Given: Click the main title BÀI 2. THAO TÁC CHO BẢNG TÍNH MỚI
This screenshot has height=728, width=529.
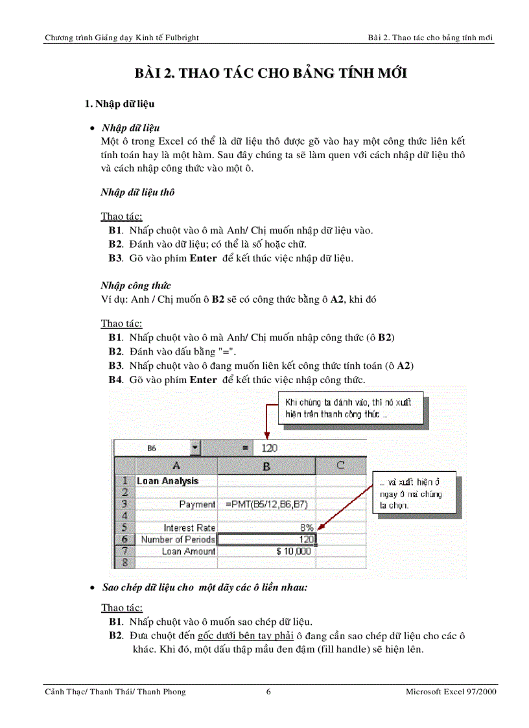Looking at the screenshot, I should pos(270,73).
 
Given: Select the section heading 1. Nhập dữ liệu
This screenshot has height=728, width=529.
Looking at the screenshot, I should pos(120,104).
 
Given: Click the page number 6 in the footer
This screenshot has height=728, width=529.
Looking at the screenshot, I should pos(268,692).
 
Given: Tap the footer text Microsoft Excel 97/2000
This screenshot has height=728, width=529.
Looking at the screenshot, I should pos(451,692).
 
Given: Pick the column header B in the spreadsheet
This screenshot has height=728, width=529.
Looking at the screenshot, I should pos(266,465).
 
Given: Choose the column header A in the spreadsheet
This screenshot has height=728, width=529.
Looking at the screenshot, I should pos(176,465).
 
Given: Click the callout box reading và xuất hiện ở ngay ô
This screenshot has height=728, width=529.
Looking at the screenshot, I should pos(413,494).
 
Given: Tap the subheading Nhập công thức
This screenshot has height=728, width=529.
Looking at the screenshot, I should pos(135,285).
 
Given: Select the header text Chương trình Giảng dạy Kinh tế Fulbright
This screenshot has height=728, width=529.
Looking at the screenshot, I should pos(121,38).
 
